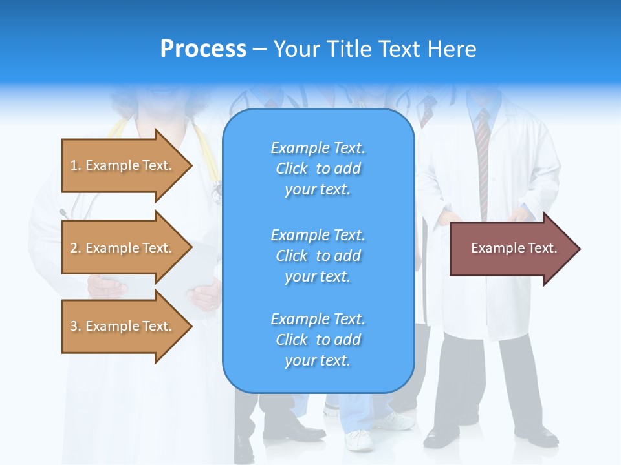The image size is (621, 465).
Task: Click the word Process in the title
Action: tap(203, 49)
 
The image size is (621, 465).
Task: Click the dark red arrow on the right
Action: tap(511, 249)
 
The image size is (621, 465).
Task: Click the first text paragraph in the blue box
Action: tap(318, 169)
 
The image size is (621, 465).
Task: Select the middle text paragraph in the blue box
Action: tap(318, 256)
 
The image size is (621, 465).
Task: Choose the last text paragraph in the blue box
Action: tap(318, 340)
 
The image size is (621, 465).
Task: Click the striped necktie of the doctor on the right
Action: tap(483, 161)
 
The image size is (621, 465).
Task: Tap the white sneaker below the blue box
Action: tap(360, 440)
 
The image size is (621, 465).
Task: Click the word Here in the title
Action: tap(453, 49)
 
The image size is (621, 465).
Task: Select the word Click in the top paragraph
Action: tap(292, 169)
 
